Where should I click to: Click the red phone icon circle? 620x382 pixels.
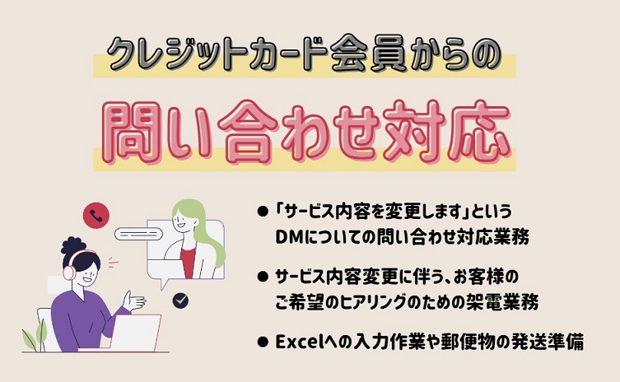click(x=96, y=216)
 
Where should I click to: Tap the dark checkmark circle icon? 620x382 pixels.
click(x=180, y=300)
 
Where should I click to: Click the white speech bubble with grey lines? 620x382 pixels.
click(x=139, y=234)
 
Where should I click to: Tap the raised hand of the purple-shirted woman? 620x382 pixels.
click(x=133, y=301)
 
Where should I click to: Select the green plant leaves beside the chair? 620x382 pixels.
click(x=35, y=336)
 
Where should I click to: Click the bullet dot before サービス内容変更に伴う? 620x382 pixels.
click(x=263, y=277)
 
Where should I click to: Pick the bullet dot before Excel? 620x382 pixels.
click(x=263, y=342)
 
